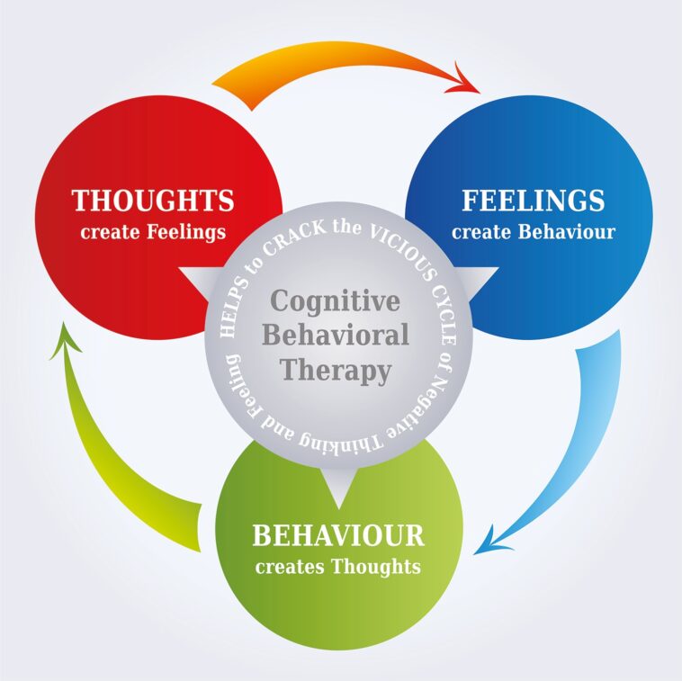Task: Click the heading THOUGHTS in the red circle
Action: point(152,200)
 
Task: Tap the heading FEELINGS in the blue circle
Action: point(533,200)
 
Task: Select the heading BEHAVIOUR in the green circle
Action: point(337,536)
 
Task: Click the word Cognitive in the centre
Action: point(336,300)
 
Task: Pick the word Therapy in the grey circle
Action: point(336,369)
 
